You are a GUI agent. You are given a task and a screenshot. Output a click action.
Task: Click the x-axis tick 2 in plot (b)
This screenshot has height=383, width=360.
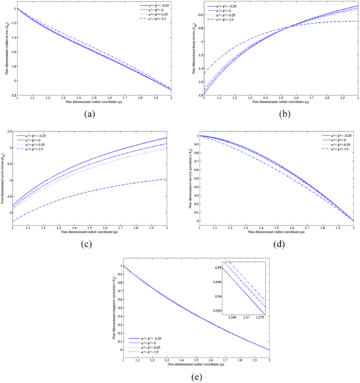click(x=358, y=99)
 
